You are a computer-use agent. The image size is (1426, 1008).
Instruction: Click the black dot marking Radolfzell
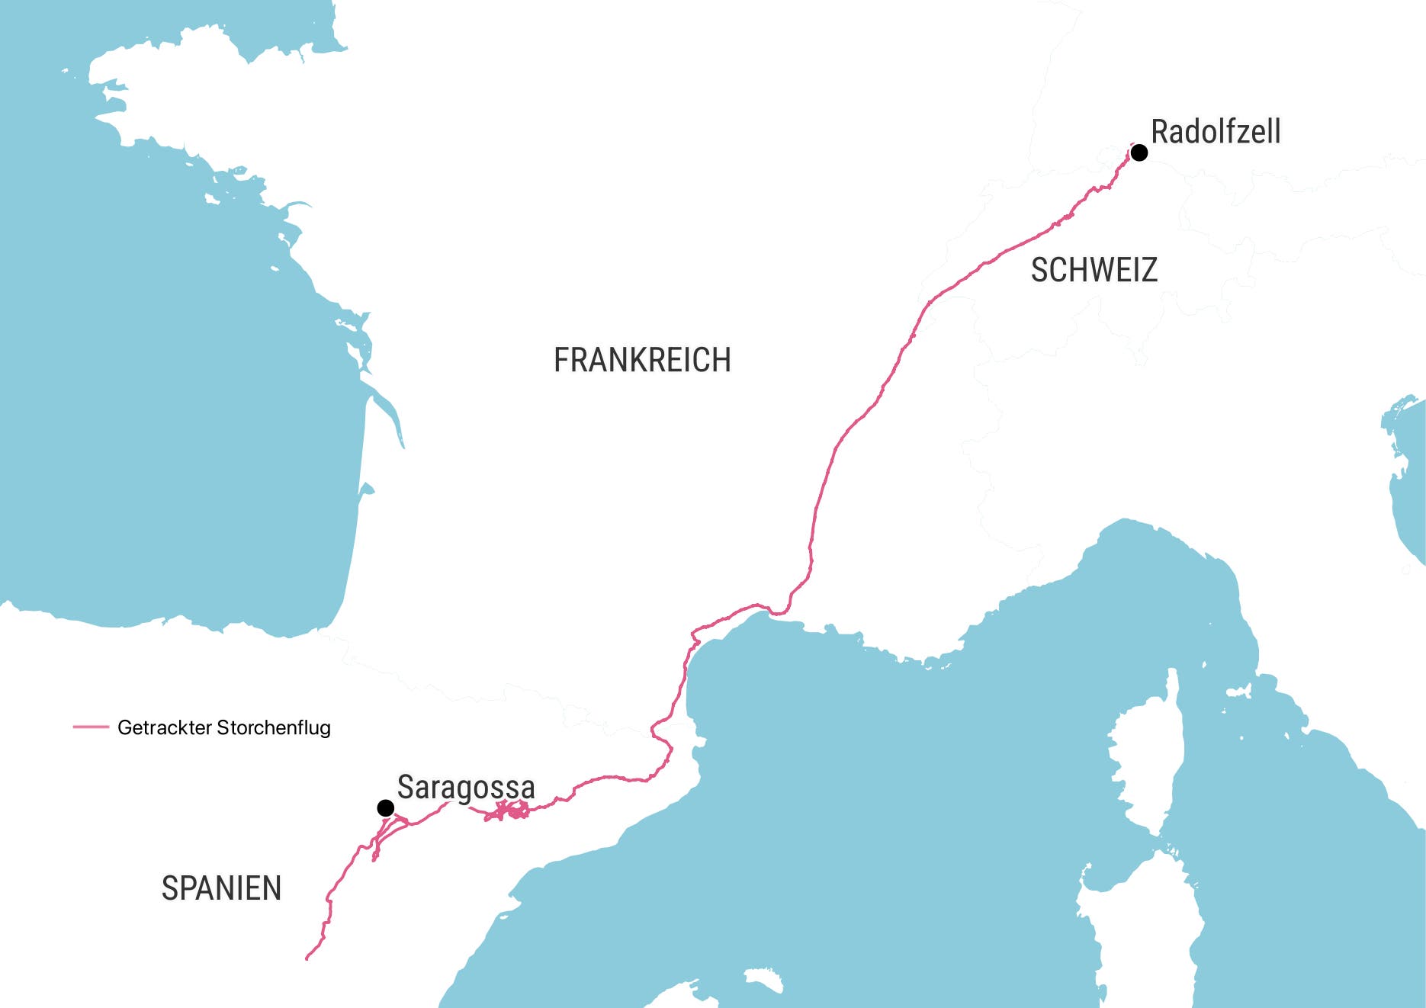pos(1139,152)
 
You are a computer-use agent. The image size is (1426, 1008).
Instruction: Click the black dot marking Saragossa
pos(385,807)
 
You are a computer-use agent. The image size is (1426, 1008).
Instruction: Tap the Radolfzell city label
pos(1216,131)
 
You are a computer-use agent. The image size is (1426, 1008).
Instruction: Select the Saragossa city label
pos(466,787)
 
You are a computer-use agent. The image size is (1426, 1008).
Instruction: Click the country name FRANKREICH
pos(642,360)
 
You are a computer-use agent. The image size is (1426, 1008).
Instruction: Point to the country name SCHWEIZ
pos(1094,270)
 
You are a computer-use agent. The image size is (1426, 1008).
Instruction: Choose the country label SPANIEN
pos(221,888)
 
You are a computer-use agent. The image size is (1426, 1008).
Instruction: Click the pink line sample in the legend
pos(91,727)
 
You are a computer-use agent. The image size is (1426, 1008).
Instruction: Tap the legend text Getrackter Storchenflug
pos(223,727)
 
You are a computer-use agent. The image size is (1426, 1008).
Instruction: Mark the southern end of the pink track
pos(307,958)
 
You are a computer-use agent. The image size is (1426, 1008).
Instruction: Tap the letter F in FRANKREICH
pos(560,360)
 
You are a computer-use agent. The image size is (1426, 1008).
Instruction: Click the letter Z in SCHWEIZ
pos(1149,270)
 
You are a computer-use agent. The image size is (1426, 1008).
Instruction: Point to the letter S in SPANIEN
pos(169,888)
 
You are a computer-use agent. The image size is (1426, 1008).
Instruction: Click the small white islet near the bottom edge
pos(763,980)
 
